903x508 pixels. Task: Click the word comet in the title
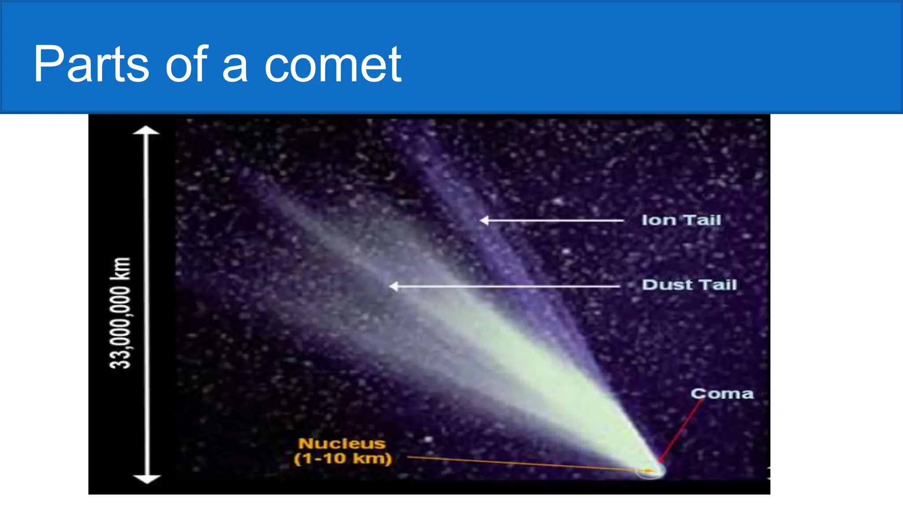pyautogui.click(x=333, y=64)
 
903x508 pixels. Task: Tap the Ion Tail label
pyautogui.click(x=681, y=220)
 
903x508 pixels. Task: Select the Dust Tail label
pyautogui.click(x=689, y=285)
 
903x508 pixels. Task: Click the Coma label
pyautogui.click(x=722, y=393)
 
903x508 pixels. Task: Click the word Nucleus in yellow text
pyautogui.click(x=342, y=443)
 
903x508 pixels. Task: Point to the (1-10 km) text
pyautogui.click(x=343, y=459)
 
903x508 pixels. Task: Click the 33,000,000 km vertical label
pyautogui.click(x=120, y=313)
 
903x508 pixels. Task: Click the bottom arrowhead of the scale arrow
pyautogui.click(x=146, y=479)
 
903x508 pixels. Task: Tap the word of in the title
pyautogui.click(x=186, y=64)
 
